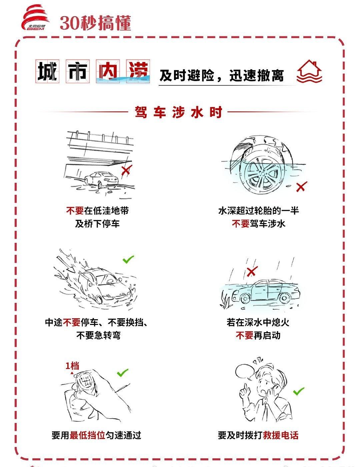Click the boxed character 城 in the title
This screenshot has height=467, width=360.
(47, 71)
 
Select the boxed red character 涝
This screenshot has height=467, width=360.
(138, 71)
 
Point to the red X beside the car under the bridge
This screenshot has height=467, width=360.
(127, 170)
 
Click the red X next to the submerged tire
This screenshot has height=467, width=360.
(301, 186)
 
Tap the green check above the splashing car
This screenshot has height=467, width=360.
(128, 259)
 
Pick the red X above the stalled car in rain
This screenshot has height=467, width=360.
(252, 272)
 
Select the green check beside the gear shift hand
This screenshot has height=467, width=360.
(123, 373)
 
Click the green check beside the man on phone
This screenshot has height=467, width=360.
(299, 391)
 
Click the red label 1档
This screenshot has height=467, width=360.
(72, 366)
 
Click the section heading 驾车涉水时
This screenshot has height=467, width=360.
(179, 112)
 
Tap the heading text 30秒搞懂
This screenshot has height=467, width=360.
(95, 23)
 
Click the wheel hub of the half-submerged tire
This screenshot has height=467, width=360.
(263, 174)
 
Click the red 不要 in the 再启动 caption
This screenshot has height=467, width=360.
(245, 335)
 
